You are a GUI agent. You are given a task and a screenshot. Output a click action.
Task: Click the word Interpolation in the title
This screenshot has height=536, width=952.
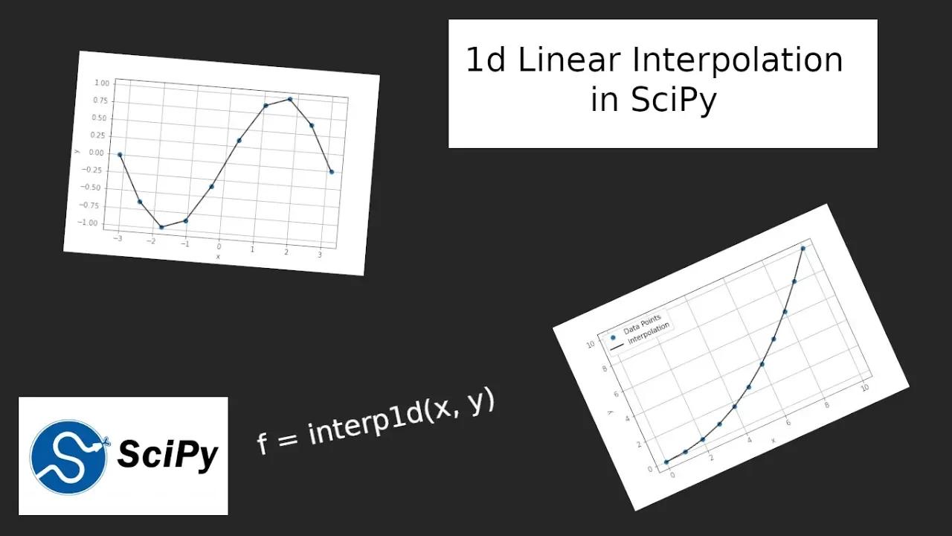click(737, 60)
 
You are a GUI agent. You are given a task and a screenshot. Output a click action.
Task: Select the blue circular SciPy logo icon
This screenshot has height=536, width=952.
click(66, 456)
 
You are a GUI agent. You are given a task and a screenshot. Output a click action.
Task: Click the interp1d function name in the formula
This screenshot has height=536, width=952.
click(360, 426)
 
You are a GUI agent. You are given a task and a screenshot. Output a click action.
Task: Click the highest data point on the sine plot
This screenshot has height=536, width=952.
click(290, 99)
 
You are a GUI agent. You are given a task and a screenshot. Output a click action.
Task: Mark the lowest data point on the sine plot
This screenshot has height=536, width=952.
click(161, 227)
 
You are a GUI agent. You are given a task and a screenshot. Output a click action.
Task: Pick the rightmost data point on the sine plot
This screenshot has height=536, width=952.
click(332, 172)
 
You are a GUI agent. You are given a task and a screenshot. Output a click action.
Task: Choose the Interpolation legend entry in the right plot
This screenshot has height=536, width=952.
click(649, 333)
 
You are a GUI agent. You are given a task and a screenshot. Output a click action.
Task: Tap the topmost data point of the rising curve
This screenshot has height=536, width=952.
click(803, 249)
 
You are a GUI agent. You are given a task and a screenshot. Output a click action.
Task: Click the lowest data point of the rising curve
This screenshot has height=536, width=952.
click(666, 462)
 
